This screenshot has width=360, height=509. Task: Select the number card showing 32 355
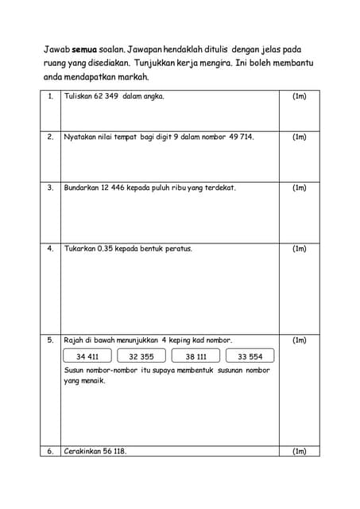point(141,356)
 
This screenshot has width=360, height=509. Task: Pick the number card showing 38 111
point(195,356)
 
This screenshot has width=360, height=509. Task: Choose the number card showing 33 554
point(250,356)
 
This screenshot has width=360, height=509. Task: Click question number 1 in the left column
point(50,96)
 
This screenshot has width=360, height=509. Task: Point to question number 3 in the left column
point(50,188)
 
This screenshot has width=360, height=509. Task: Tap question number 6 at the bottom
point(50,451)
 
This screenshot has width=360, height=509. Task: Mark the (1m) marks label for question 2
point(300,137)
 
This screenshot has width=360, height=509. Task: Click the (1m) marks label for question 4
point(300,248)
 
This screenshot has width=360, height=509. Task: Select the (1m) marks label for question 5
point(300,340)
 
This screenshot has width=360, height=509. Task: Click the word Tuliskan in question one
point(77,96)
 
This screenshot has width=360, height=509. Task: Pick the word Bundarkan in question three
point(81,188)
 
